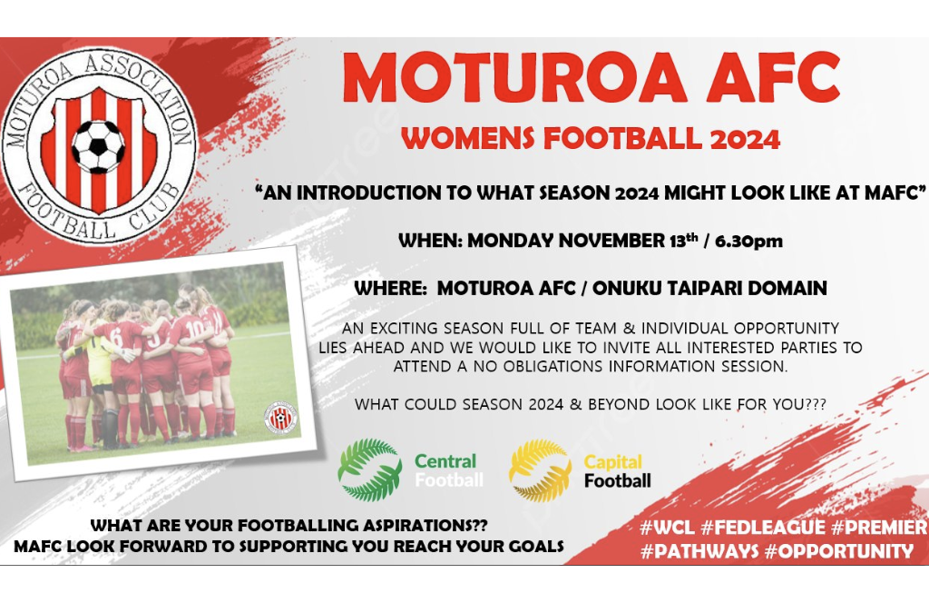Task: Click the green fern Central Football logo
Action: [370, 469]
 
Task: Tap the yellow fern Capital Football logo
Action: [540, 469]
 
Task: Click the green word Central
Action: [445, 461]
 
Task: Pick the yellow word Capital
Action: [612, 461]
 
